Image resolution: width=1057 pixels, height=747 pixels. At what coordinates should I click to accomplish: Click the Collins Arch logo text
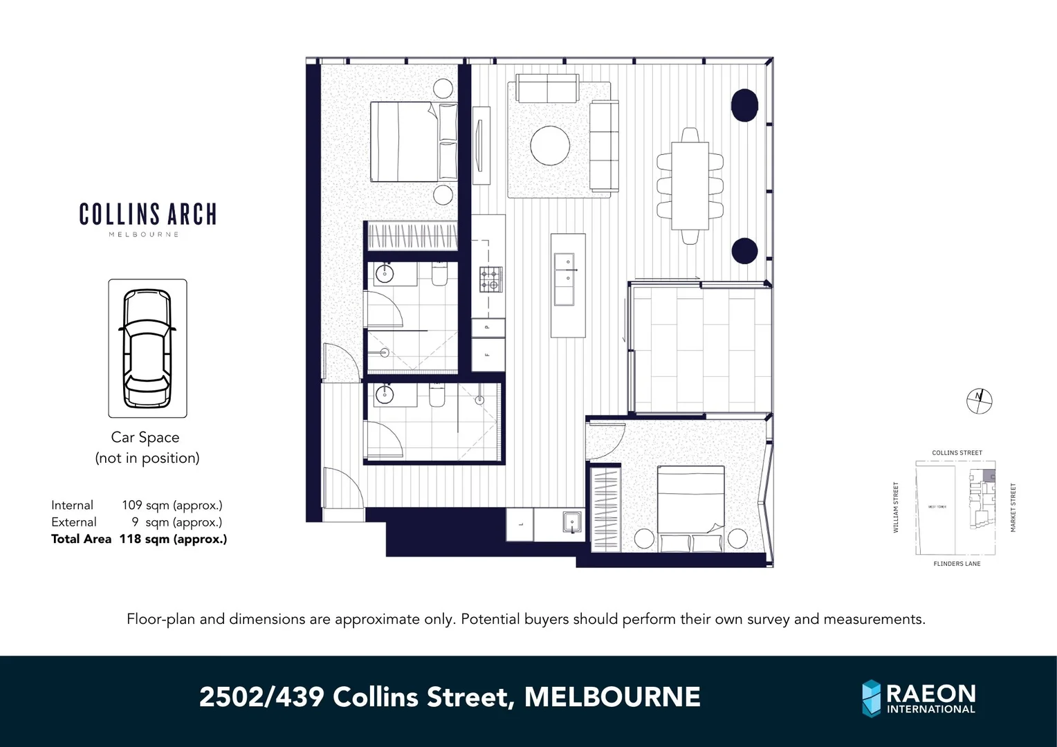click(x=147, y=214)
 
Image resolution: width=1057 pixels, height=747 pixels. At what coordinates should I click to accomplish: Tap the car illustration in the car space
click(x=147, y=349)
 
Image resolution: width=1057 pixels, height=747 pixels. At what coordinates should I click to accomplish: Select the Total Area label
click(x=81, y=539)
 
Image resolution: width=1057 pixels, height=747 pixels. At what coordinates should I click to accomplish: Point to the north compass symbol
click(x=979, y=400)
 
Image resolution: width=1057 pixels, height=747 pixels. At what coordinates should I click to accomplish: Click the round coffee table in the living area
click(x=550, y=145)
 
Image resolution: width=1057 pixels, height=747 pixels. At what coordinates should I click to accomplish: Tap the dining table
click(x=690, y=185)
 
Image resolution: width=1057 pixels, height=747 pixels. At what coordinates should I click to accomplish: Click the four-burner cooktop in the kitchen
click(x=490, y=279)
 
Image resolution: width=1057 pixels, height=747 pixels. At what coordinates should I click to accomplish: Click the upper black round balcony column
click(x=744, y=105)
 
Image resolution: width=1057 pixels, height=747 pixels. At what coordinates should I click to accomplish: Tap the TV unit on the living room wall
click(x=481, y=145)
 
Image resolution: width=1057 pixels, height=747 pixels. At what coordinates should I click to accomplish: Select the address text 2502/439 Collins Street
click(x=450, y=697)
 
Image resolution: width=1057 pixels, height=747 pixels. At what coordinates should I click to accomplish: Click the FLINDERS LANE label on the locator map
click(x=957, y=564)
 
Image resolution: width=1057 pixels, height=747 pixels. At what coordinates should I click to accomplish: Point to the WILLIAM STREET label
click(x=896, y=508)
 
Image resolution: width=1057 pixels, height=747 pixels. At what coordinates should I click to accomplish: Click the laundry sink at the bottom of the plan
click(x=571, y=523)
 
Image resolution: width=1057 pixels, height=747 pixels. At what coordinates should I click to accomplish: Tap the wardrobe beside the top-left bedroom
click(x=412, y=236)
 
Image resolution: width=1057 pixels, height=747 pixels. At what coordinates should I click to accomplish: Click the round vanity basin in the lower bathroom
click(x=384, y=395)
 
